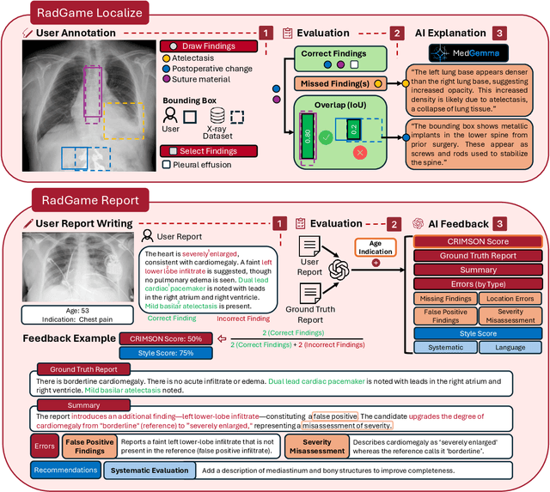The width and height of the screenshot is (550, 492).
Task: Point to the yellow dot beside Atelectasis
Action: coord(166,58)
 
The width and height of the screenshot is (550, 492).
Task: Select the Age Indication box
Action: coord(374,247)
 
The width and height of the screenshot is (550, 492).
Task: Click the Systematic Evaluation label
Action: coord(149,471)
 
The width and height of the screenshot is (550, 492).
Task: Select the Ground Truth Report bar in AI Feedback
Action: coord(478,256)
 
